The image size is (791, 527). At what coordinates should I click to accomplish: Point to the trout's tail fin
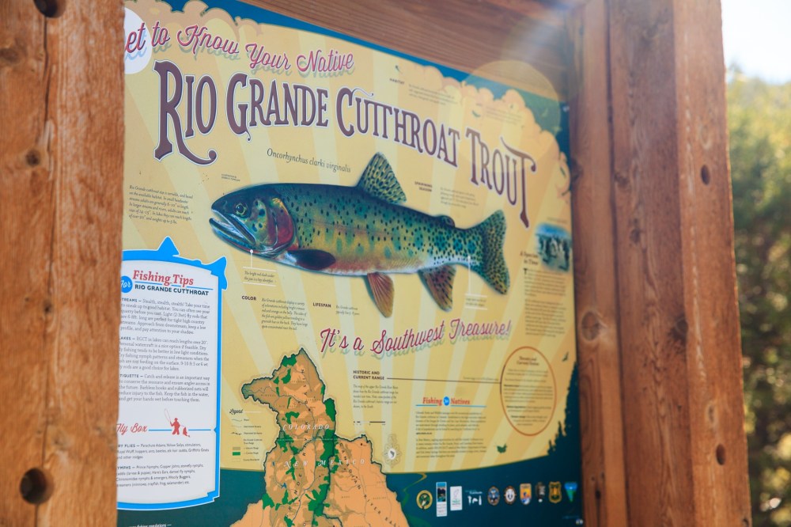click(493, 252)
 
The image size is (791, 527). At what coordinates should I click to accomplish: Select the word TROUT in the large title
click(501, 172)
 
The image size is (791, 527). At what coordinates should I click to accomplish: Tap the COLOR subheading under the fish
click(248, 298)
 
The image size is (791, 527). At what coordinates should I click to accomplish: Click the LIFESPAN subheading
click(322, 305)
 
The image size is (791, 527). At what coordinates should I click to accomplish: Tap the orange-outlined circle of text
click(528, 391)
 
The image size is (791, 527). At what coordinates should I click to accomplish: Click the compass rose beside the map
click(390, 453)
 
